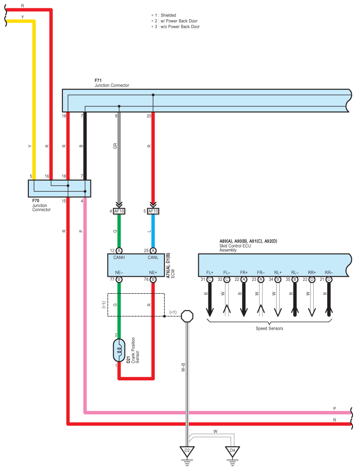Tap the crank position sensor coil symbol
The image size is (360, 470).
(119, 350)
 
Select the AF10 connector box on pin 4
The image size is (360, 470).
(119, 211)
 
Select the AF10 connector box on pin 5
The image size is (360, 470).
(153, 211)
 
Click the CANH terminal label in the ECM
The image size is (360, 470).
(119, 258)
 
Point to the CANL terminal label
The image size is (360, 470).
(153, 258)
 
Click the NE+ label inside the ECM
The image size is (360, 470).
(153, 272)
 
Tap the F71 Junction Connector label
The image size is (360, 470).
(112, 83)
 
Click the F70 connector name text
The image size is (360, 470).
(36, 201)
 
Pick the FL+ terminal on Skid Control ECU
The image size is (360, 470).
(210, 272)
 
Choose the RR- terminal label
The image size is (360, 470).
(329, 272)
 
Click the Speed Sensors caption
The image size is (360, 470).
(269, 328)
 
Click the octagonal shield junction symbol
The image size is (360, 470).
(187, 316)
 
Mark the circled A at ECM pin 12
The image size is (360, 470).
(119, 251)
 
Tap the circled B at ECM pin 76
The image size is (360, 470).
(153, 279)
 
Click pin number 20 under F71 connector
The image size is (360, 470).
(149, 116)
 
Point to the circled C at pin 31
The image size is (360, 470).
(210, 279)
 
